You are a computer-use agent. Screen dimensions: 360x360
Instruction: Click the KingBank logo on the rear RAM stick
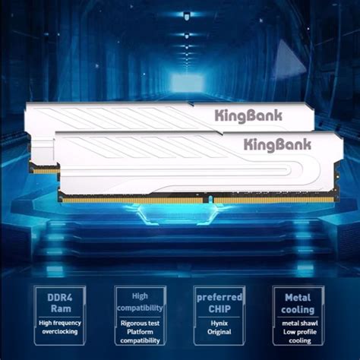click(248, 116)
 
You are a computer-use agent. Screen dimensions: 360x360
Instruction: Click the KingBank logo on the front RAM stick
click(277, 145)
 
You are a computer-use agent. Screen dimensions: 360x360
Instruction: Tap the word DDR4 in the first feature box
click(60, 298)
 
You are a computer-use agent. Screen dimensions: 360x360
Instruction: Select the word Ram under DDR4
click(61, 309)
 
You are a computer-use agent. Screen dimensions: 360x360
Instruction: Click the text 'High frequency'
click(60, 323)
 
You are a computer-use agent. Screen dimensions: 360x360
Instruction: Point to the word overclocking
click(60, 332)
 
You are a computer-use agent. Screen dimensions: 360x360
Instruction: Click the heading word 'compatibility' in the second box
click(140, 308)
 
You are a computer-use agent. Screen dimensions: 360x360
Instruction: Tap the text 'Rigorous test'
click(140, 324)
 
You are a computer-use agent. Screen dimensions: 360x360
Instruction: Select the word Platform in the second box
click(140, 332)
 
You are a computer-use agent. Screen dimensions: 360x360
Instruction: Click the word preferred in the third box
click(219, 298)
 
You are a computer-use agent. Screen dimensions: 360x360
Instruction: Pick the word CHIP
click(219, 309)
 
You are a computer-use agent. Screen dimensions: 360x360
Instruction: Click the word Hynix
click(219, 324)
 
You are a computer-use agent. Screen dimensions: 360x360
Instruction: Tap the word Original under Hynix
click(219, 332)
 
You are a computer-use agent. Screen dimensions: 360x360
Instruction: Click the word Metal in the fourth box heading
click(298, 298)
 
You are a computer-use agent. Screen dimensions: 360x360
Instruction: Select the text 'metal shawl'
click(300, 324)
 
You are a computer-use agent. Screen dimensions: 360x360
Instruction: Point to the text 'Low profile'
click(300, 332)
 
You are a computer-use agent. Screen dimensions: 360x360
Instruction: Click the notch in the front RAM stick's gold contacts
click(210, 199)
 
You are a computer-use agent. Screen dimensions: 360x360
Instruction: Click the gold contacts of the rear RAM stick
click(45, 171)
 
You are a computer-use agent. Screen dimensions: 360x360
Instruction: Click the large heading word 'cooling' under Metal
click(298, 310)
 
